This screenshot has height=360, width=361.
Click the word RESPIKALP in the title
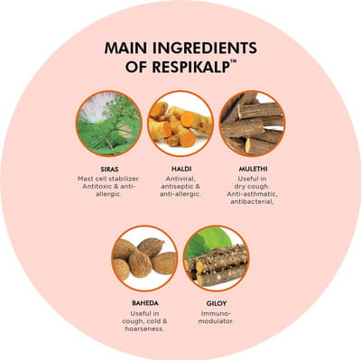pyautogui.click(x=190, y=67)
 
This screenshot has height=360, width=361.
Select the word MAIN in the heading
pyautogui.click(x=125, y=48)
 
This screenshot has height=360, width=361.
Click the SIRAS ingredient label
pyautogui.click(x=108, y=169)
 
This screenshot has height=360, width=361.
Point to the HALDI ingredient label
pyautogui.click(x=180, y=169)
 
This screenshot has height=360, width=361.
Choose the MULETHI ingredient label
pyautogui.click(x=253, y=169)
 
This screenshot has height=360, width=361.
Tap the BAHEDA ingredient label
pyautogui.click(x=145, y=303)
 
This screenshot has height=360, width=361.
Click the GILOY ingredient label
pyautogui.click(x=217, y=303)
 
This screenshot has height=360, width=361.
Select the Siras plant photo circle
pyautogui.click(x=108, y=124)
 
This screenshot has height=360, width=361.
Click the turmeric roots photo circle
pyautogui.click(x=180, y=124)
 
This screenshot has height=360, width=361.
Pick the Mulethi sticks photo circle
pyautogui.click(x=252, y=124)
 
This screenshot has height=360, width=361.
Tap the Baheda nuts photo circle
pyautogui.click(x=144, y=258)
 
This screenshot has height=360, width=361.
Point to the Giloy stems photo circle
pyautogui.click(x=217, y=258)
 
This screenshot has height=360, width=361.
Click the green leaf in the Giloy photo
pyautogui.click(x=208, y=242)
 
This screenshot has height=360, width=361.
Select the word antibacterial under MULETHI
pyautogui.click(x=252, y=202)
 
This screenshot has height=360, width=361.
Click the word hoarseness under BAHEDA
pyautogui.click(x=144, y=329)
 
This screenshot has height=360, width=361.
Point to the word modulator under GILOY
pyautogui.click(x=216, y=321)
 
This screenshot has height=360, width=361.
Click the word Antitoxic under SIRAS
pyautogui.click(x=96, y=187)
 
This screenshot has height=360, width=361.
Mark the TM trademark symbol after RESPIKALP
pyautogui.click(x=233, y=61)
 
